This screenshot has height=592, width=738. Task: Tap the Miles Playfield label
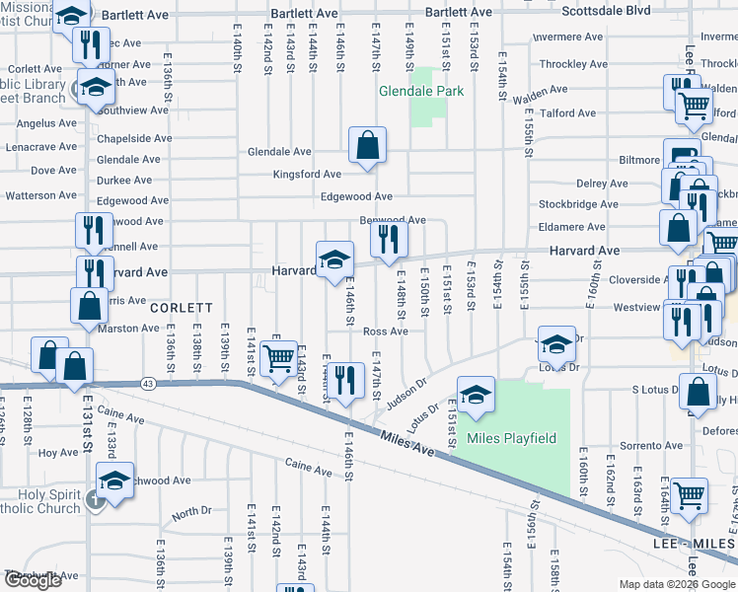(x=511, y=438)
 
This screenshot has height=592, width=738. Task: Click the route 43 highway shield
(x=148, y=382)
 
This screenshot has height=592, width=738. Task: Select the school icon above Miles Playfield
(x=476, y=394)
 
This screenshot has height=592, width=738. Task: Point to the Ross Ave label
(x=385, y=332)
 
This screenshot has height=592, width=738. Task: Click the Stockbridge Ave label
(x=578, y=205)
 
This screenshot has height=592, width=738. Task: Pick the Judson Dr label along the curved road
(x=407, y=392)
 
